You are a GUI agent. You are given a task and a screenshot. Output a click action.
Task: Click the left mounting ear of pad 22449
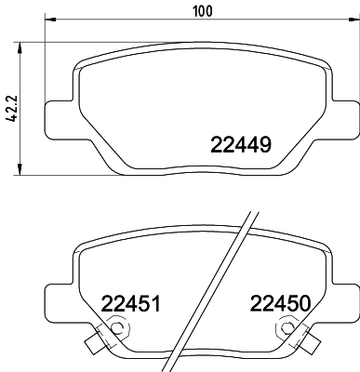click(x=58, y=109)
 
